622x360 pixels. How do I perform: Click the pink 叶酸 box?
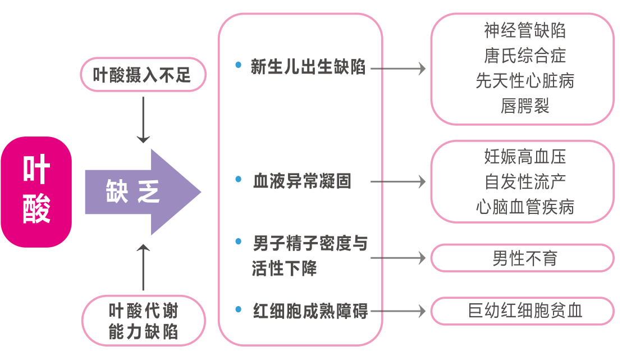pos(36,192)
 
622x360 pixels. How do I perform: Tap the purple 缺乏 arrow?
pos(140,192)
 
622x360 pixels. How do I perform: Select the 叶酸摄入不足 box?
pos(143,74)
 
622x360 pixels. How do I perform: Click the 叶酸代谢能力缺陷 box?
pos(143,321)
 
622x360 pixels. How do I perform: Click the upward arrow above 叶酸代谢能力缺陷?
pos(143,267)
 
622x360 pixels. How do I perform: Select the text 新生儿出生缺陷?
pos(308,67)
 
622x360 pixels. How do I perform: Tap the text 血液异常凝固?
pos(302,181)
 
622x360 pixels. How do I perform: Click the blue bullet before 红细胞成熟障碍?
pos(239,309)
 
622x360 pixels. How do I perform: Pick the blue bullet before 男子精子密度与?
pos(239,242)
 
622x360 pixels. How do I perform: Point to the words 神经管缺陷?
pos(524,30)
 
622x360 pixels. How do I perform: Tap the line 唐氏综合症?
pos(524,56)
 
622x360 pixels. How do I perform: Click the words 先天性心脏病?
pos(524,81)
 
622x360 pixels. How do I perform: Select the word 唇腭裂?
pos(524,106)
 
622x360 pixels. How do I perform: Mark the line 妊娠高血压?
pos(524,156)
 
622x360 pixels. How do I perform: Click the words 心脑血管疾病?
pos(524,207)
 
